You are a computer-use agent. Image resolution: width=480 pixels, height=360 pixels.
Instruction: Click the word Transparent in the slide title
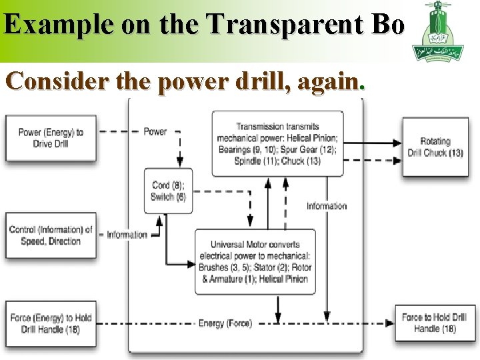pos(286,25)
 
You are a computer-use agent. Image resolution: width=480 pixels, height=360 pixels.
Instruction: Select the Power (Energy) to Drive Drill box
pos(51,138)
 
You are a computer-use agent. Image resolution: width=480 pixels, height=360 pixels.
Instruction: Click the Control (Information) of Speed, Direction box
pos(51,235)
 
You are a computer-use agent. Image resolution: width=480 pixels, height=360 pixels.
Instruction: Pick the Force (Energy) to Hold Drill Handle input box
pos(51,323)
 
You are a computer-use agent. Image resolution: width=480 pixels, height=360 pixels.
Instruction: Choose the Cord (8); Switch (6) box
pos(169,191)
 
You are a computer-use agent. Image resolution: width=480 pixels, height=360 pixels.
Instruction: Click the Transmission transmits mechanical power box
pos(277,144)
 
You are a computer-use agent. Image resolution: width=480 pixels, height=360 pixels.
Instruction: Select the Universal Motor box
pos(255,261)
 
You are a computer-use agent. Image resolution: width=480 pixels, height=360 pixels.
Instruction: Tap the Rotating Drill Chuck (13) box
pos(435,147)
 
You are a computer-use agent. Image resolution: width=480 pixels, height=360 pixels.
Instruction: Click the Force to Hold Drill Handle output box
pos(435,323)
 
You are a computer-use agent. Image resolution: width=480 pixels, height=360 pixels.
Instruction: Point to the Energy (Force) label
pos(225,324)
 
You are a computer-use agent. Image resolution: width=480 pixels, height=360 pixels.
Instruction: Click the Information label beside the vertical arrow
pos(327,206)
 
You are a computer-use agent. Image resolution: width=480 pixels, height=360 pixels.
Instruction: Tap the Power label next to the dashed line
pos(155,132)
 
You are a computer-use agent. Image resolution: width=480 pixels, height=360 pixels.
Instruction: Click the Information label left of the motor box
pos(127,235)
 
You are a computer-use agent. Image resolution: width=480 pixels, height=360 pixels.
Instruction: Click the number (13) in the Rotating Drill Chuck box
pos(455,153)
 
